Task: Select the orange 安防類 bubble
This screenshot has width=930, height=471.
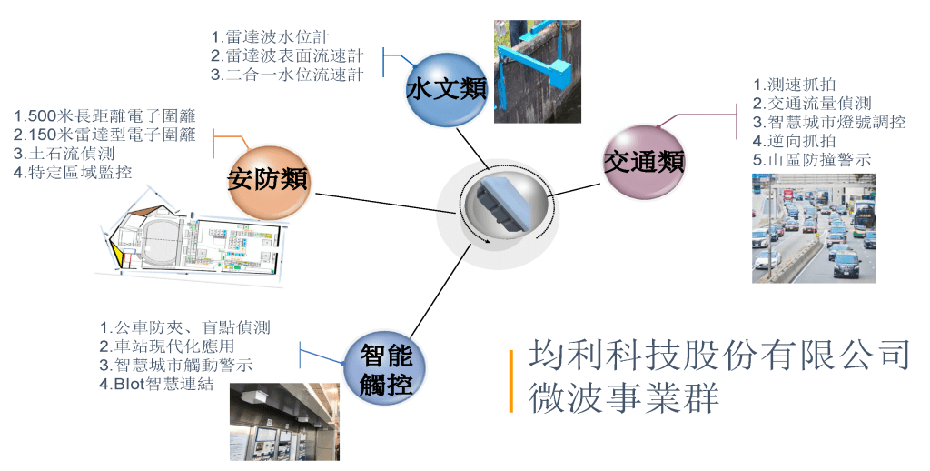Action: tap(268, 179)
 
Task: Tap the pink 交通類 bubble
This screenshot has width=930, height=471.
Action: tap(644, 162)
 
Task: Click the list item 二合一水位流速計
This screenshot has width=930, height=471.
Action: tap(287, 75)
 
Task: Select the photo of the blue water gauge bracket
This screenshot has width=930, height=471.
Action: tap(536, 71)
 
